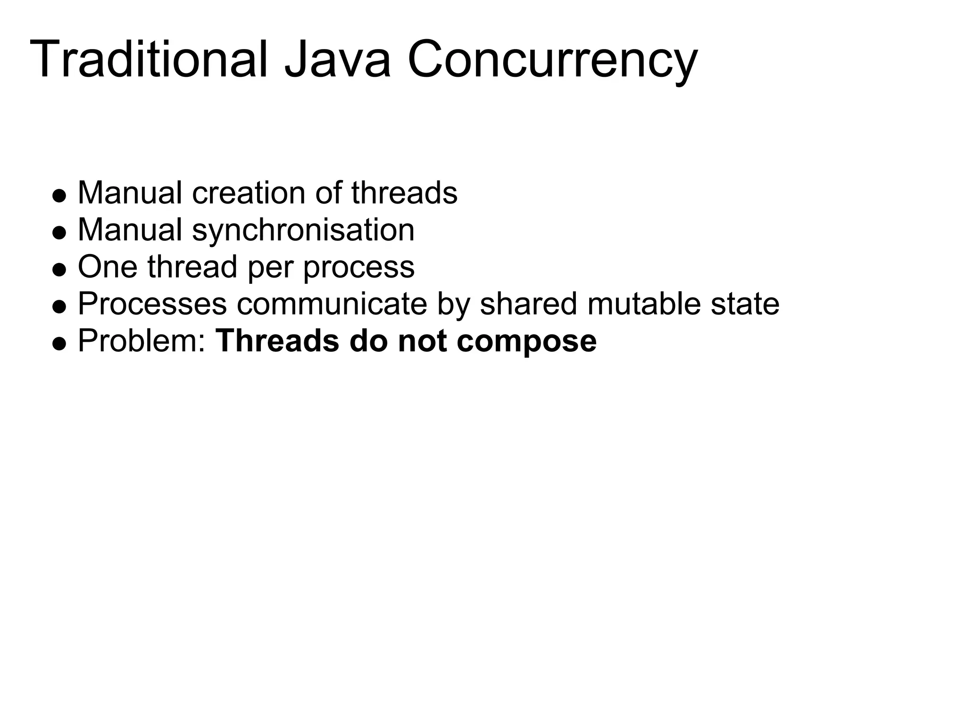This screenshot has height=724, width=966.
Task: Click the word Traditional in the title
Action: [x=149, y=60]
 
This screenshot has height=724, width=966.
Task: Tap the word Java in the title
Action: [x=337, y=60]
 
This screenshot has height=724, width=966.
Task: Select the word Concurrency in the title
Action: [x=551, y=60]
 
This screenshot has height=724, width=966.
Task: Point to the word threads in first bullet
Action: [x=404, y=193]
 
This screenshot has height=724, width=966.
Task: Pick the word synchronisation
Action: [x=303, y=230]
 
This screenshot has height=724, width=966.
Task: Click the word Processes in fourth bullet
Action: [x=152, y=304]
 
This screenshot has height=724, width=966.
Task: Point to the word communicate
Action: [x=332, y=304]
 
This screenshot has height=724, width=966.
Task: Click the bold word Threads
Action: [x=277, y=341]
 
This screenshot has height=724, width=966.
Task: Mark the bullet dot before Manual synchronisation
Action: [x=59, y=233]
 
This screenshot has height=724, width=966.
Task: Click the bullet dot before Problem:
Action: [x=59, y=344]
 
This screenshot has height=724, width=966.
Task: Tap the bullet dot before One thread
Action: [x=59, y=270]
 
